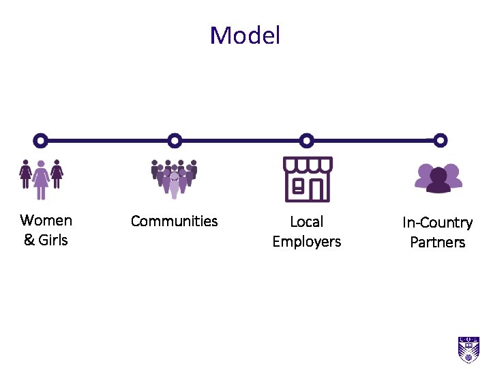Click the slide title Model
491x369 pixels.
point(245,36)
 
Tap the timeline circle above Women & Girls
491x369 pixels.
point(40,141)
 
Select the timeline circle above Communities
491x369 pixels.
point(175,141)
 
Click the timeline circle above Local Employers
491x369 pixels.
point(307,141)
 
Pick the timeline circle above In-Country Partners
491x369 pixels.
point(441,141)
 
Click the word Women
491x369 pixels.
point(46,220)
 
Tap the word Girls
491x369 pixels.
point(53,240)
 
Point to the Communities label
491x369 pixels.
point(174,221)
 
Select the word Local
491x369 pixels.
point(306,222)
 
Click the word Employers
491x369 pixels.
point(306,242)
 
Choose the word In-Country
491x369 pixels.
point(437,223)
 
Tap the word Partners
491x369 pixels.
point(437,243)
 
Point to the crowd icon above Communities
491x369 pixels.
point(174,178)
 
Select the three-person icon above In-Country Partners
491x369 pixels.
point(438,178)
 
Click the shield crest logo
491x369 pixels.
point(468,349)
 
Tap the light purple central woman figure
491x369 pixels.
point(41,179)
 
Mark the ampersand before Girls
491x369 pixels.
point(29,240)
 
